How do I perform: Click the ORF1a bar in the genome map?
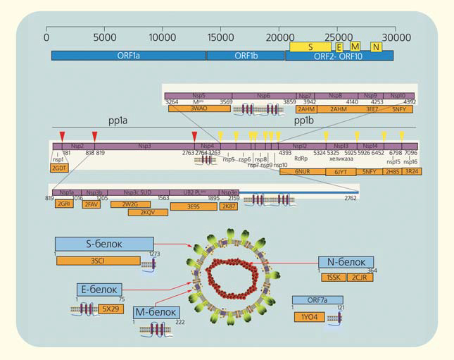point(128,55)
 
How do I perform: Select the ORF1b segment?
point(245,55)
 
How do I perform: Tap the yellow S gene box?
point(310,45)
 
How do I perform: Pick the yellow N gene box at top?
point(377,46)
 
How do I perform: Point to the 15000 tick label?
point(222,35)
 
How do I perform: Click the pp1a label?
point(118,121)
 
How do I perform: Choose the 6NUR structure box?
point(302,170)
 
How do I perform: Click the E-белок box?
point(99,289)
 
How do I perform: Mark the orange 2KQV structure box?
point(147,212)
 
